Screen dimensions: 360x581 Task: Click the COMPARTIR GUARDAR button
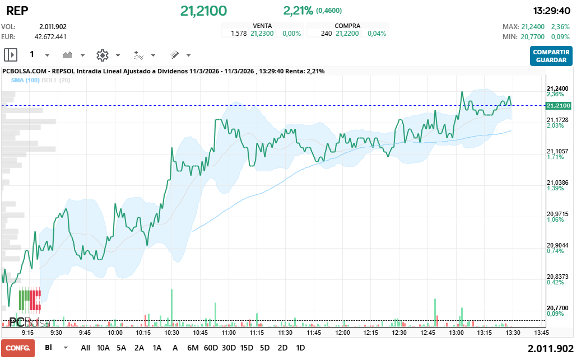551,55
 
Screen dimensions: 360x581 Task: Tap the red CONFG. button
17,348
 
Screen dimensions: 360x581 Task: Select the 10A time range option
104,348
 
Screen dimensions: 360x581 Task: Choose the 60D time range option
211,348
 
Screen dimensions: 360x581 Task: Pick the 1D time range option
300,348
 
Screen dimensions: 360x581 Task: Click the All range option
85,348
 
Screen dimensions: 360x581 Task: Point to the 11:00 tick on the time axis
228,332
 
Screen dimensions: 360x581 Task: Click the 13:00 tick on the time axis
456,332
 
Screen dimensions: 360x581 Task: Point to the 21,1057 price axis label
557,151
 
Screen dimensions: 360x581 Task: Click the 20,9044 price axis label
557,245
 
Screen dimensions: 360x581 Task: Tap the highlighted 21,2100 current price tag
558,105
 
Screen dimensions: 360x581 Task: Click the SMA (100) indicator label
25,81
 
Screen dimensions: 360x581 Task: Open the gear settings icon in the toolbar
102,55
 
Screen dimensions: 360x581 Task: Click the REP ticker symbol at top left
16,11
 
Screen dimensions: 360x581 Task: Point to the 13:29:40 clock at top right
552,11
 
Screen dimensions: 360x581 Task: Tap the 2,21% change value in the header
298,10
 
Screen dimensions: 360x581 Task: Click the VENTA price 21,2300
262,34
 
